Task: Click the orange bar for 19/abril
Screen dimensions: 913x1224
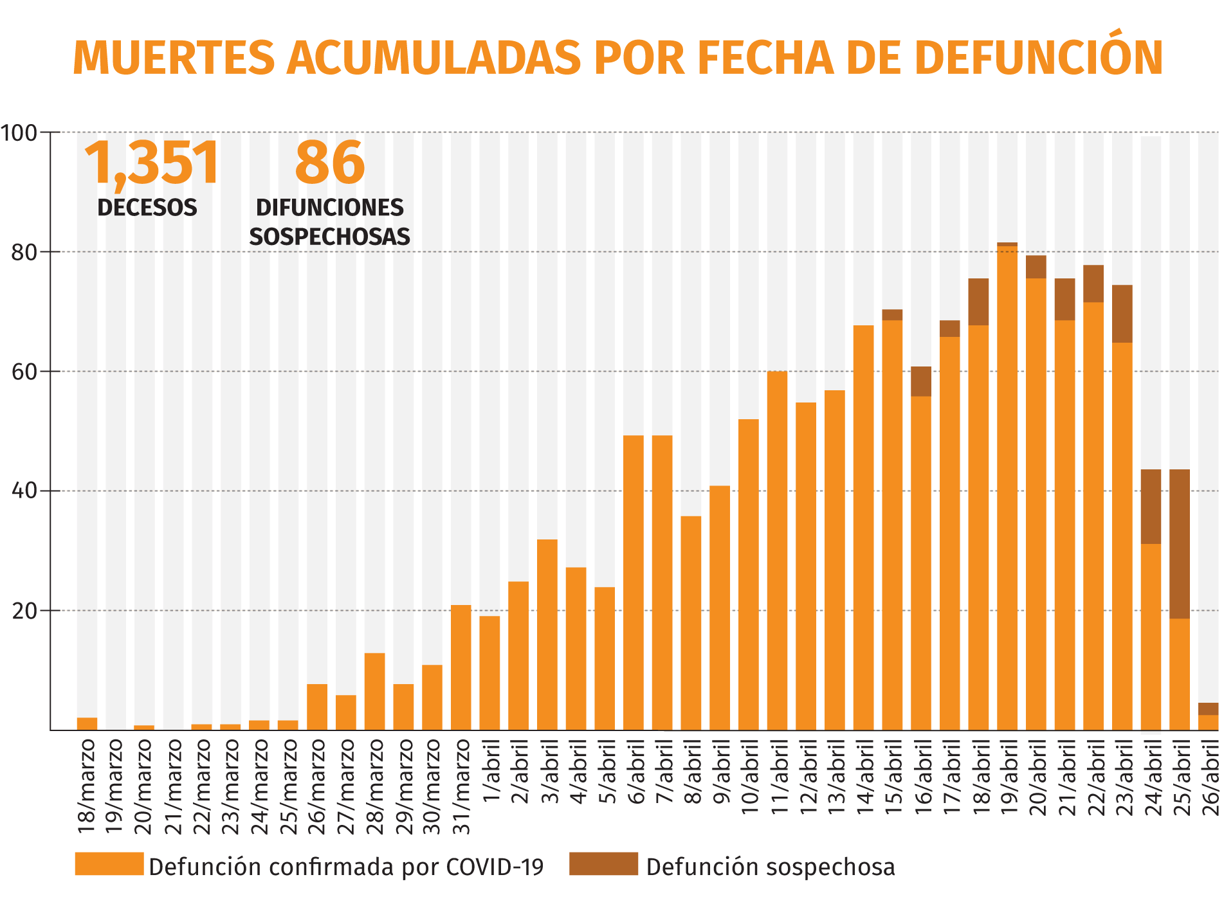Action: pos(1007,489)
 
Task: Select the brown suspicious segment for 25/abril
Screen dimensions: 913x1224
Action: pos(1179,544)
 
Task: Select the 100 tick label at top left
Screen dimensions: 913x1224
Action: pos(19,133)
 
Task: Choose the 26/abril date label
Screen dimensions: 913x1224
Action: pos(1210,778)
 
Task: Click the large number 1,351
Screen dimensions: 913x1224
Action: pos(152,163)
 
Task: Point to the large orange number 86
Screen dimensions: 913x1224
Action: pos(329,163)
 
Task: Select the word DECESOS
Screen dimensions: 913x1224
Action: pos(147,208)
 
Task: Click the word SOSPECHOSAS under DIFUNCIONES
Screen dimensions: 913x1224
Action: pos(329,237)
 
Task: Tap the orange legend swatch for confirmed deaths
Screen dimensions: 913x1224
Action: pos(109,863)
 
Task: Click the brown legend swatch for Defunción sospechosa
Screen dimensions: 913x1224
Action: pos(603,863)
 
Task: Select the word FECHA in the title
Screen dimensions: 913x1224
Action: pos(764,58)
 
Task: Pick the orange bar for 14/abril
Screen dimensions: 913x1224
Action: pos(863,527)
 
